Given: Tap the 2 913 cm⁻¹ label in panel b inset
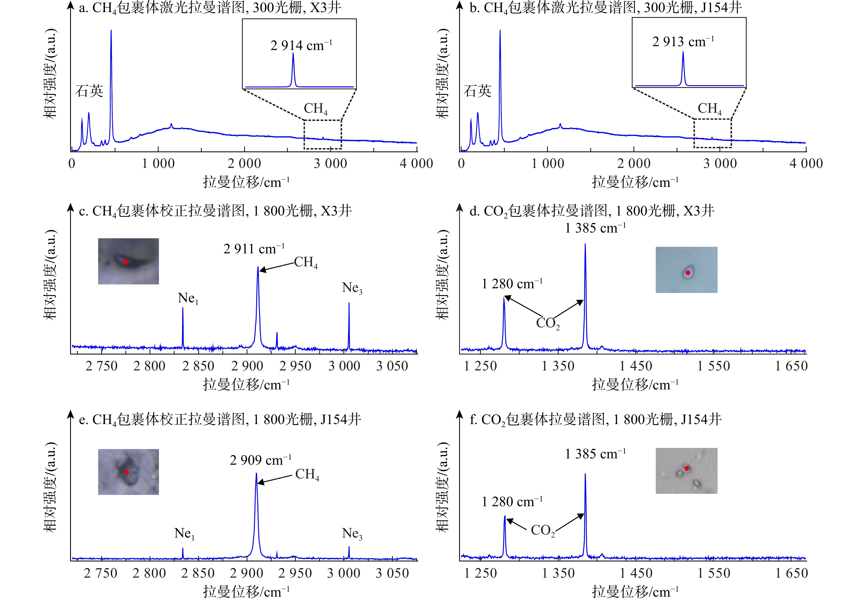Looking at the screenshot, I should pyautogui.click(x=683, y=42).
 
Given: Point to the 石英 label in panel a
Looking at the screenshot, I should pyautogui.click(x=89, y=91).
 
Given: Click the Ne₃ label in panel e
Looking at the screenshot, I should pyautogui.click(x=352, y=534).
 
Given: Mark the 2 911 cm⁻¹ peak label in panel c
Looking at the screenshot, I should pyautogui.click(x=254, y=249).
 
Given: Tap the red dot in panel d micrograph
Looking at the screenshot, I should pyautogui.click(x=688, y=273).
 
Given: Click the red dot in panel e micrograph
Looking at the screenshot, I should pyautogui.click(x=126, y=472).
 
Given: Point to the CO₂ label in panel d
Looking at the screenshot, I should pyautogui.click(x=548, y=323).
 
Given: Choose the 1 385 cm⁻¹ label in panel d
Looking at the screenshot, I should pyautogui.click(x=595, y=228).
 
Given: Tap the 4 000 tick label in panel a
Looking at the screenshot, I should pyautogui.click(x=416, y=164).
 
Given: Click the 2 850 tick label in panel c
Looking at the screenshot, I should pyautogui.click(x=198, y=366).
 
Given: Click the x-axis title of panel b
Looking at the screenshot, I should pyautogui.click(x=635, y=182).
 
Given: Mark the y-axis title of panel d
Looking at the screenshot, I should pyautogui.click(x=443, y=274).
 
